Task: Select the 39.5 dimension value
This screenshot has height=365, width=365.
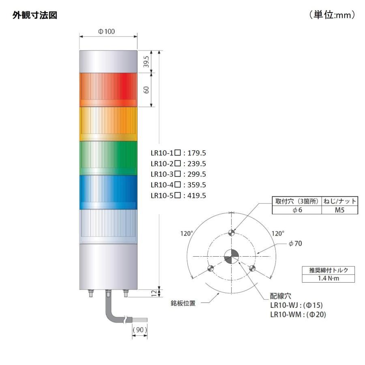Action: (x=147, y=62)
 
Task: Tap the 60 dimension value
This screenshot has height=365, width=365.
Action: (x=147, y=90)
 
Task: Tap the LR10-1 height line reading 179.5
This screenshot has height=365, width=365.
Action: (x=178, y=153)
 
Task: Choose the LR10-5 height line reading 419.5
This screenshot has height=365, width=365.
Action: (x=178, y=195)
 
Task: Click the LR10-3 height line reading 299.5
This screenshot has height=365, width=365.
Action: (x=178, y=174)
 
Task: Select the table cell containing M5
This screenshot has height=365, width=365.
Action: (x=339, y=210)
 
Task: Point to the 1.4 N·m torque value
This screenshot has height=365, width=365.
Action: (x=329, y=278)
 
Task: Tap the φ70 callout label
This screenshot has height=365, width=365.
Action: (x=295, y=244)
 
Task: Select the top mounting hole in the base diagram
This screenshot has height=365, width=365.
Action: (x=232, y=232)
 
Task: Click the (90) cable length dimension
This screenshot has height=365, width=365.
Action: (x=139, y=330)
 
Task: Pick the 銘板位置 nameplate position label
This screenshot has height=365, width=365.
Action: (x=182, y=303)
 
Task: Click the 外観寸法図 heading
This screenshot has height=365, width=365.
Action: (x=35, y=15)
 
